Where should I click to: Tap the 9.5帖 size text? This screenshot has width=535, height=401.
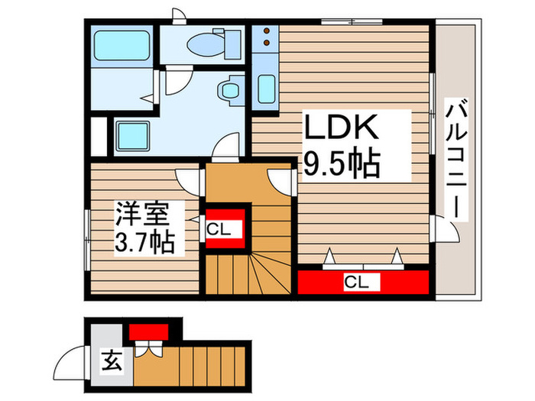[342, 163]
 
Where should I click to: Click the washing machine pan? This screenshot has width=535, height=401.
[135, 135]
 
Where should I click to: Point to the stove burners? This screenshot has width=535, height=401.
[265, 38]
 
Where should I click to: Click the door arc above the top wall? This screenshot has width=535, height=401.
[178, 16]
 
